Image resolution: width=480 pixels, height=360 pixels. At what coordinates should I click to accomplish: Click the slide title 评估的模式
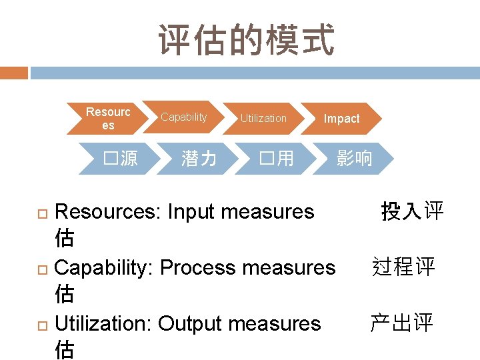pyautogui.click(x=246, y=40)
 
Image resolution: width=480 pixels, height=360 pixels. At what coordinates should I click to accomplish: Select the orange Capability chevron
pyautogui.click(x=184, y=118)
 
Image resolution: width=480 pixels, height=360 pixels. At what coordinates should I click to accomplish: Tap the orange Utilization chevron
pyautogui.click(x=263, y=119)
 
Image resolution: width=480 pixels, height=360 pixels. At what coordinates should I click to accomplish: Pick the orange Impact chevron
pyautogui.click(x=341, y=119)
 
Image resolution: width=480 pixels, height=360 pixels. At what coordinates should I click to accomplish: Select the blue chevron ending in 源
pyautogui.click(x=121, y=159)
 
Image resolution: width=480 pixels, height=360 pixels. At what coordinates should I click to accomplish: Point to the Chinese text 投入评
pyautogui.click(x=412, y=212)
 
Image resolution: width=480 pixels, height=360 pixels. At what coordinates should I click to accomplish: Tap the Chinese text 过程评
pyautogui.click(x=403, y=267)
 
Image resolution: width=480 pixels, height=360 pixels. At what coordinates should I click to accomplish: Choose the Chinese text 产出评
pyautogui.click(x=402, y=323)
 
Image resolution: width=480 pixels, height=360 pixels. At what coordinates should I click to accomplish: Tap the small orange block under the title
pyautogui.click(x=14, y=73)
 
